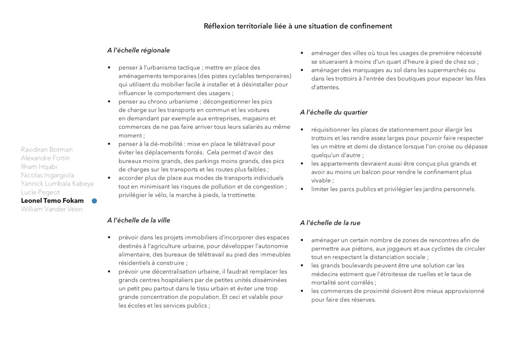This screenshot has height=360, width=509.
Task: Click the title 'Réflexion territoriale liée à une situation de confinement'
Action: tap(298, 26)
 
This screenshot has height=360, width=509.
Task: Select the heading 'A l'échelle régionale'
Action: tap(138, 50)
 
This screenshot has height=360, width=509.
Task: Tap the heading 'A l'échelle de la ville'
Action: tap(139, 220)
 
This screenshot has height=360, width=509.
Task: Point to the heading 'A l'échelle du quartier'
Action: tap(333, 112)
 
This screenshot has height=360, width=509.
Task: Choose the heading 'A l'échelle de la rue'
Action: tap(330, 223)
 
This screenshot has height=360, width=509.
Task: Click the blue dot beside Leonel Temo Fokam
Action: tap(94, 201)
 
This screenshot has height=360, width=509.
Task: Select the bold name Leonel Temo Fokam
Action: tap(52, 201)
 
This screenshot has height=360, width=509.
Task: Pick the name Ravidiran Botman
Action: tap(47, 150)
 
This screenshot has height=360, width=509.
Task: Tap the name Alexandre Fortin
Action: tap(45, 158)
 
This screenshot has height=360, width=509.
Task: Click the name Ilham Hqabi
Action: tap(39, 167)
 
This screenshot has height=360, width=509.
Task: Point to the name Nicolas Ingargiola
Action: tap(48, 175)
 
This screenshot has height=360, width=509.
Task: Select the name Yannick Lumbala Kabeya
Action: tap(57, 184)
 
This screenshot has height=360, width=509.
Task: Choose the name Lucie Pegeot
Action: tap(40, 192)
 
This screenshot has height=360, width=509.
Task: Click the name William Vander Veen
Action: tap(52, 209)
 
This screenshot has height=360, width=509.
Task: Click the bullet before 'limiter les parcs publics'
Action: tap(302, 189)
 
